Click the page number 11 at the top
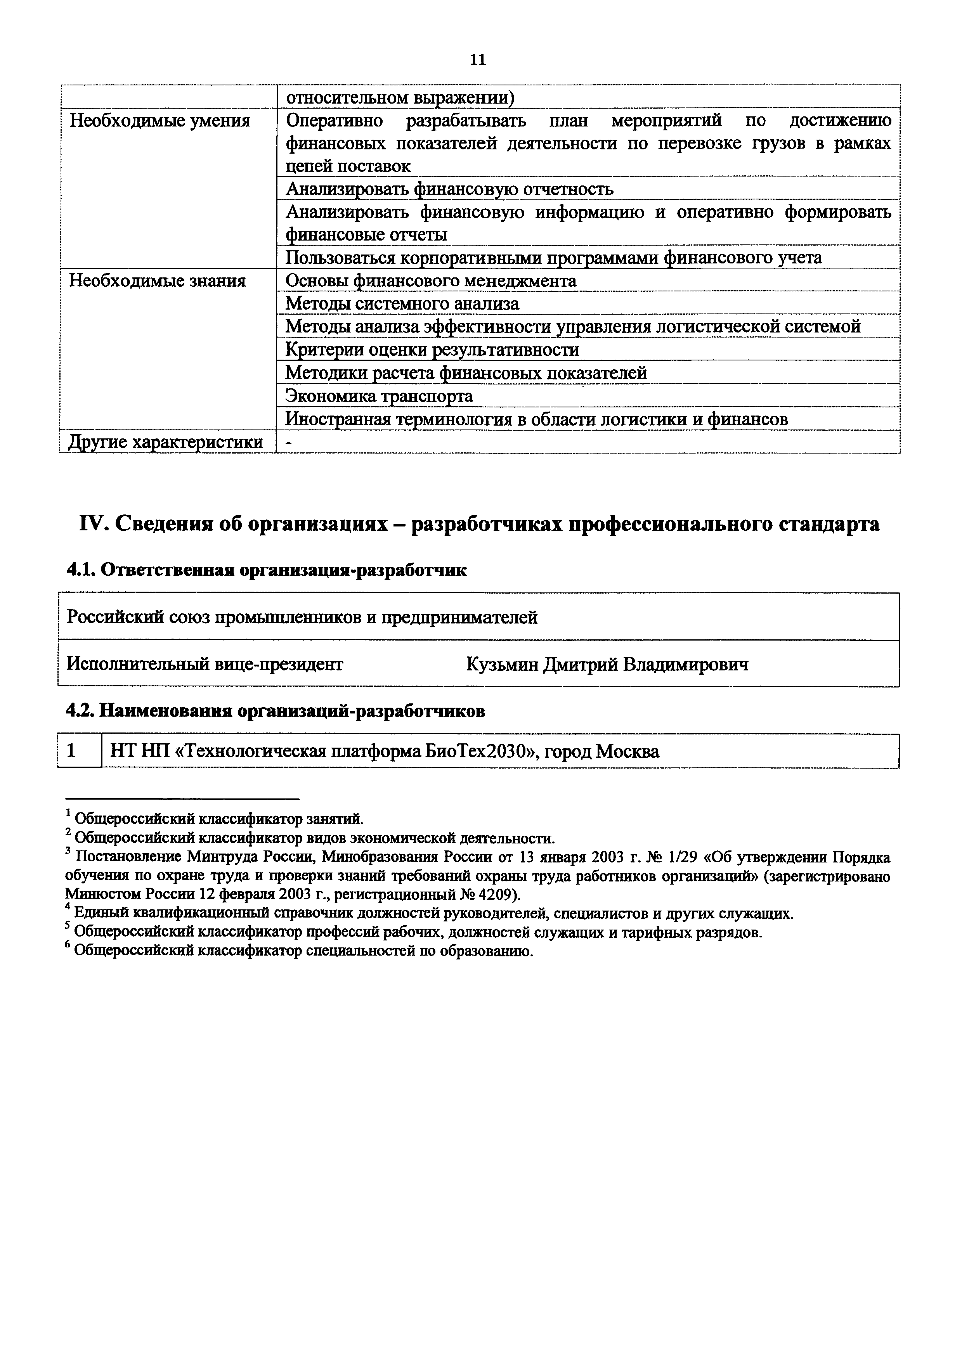(x=478, y=60)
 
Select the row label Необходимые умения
(x=159, y=121)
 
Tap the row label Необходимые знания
(x=157, y=281)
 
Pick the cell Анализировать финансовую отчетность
(x=449, y=189)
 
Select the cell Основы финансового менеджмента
(x=430, y=281)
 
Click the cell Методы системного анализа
(x=402, y=303)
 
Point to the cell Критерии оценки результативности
(x=432, y=350)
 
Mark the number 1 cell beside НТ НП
(x=72, y=751)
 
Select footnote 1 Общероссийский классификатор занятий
(x=219, y=819)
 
